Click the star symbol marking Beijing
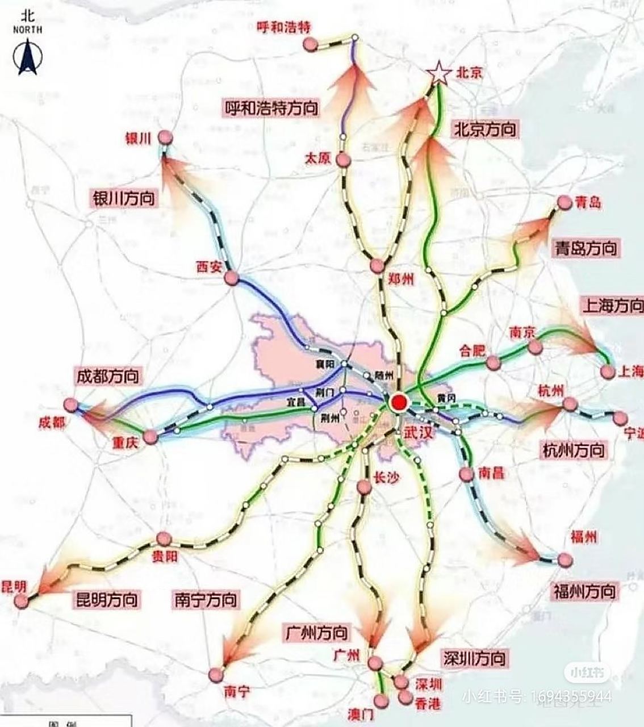[x=438, y=73]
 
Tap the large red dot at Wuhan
[x=399, y=403]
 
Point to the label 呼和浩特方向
[x=271, y=107]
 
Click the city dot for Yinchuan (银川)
[x=165, y=137]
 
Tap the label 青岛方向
[x=585, y=248]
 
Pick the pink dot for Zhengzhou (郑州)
[x=377, y=266]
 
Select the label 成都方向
[x=107, y=376]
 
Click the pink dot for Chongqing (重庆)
[x=150, y=437]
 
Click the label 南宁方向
[x=206, y=600]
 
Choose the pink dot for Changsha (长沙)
[x=365, y=487]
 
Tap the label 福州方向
[x=584, y=591]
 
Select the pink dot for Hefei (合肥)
[x=493, y=362]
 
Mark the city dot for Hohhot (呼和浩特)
[x=308, y=43]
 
